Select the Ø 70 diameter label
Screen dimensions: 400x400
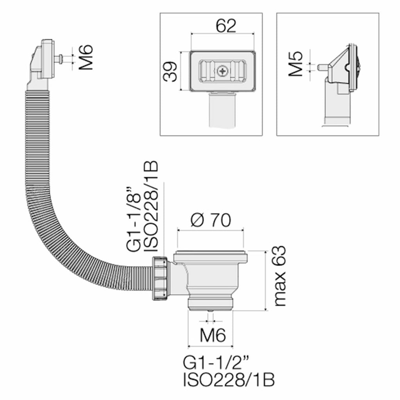tap(211, 221)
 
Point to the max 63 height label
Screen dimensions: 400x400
tap(279, 276)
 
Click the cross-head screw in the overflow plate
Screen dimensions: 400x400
tap(222, 71)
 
